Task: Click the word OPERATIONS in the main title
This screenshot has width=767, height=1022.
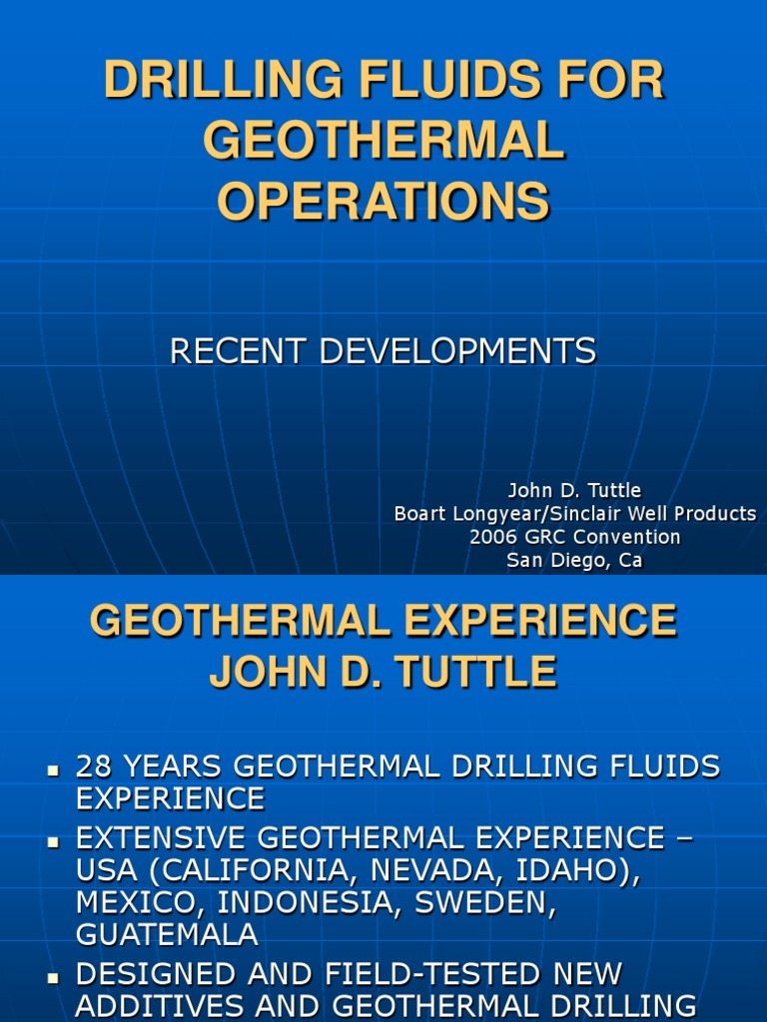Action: tap(383, 201)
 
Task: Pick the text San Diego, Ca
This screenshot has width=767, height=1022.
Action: tap(574, 560)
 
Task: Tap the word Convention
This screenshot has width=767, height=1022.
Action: tap(624, 537)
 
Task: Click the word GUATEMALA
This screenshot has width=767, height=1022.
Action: tap(167, 935)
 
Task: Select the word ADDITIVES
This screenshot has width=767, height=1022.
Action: tap(166, 1005)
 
